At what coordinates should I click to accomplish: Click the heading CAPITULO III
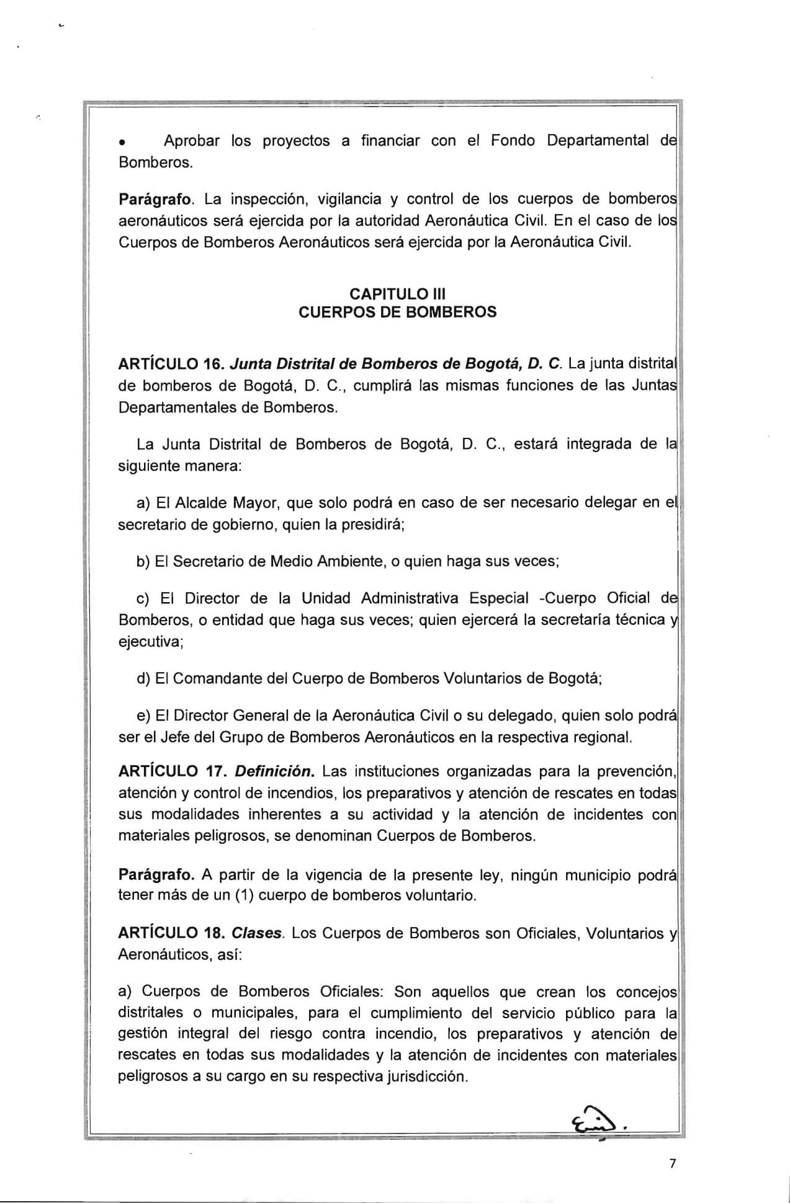pyautogui.click(x=397, y=293)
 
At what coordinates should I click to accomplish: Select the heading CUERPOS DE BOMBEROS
pyautogui.click(x=397, y=312)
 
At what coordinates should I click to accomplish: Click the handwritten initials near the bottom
pyautogui.click(x=596, y=1120)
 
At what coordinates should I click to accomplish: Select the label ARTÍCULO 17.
pyautogui.click(x=172, y=771)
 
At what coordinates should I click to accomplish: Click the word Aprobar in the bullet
pyautogui.click(x=191, y=141)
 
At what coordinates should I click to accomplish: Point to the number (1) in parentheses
pyautogui.click(x=245, y=896)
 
